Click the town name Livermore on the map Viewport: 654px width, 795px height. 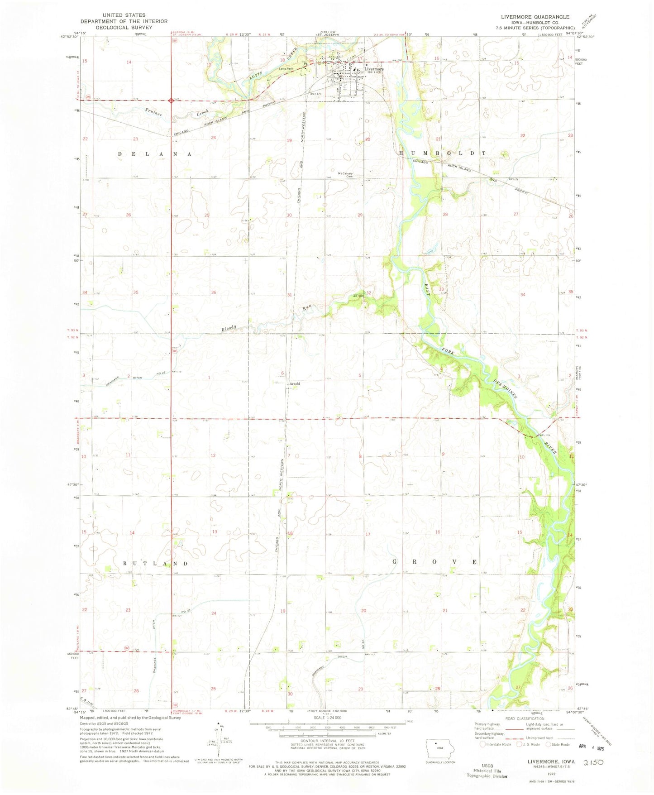374,69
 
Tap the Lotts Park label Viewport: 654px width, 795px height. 286,69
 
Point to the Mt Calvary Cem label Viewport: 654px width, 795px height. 345,175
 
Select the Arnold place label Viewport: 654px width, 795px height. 294,383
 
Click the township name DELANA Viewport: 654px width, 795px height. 155,154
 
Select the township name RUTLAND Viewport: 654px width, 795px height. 156,563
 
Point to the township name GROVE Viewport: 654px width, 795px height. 434,561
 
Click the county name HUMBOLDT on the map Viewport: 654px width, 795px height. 442,153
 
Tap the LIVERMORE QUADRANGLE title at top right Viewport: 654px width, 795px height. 535,17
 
